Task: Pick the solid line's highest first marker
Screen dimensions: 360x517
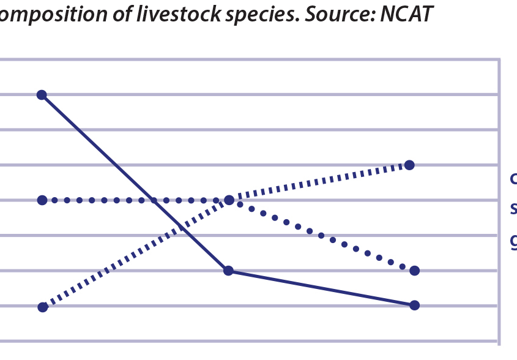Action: click(42, 94)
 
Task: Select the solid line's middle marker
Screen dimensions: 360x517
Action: click(228, 270)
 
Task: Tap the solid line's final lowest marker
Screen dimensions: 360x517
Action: click(414, 305)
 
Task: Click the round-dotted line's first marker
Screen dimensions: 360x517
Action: click(42, 200)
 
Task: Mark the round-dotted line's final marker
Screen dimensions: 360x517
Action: click(414, 270)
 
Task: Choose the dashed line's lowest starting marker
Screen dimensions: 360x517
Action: click(42, 307)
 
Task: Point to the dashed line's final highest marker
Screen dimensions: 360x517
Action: click(409, 165)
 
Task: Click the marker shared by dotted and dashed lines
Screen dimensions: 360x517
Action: click(229, 200)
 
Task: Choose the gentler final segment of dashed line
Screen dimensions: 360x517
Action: click(318, 182)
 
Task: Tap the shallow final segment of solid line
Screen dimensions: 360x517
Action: click(321, 288)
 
